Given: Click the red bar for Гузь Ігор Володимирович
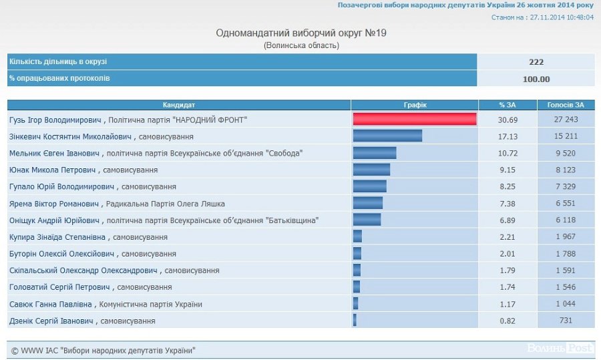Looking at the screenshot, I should click(414, 120).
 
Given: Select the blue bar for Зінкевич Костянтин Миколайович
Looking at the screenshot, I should click(387, 136).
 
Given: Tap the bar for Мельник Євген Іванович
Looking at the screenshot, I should click(375, 153).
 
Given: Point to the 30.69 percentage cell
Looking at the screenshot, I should click(508, 120).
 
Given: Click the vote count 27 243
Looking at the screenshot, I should click(566, 120).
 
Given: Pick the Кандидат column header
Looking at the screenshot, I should click(179, 105).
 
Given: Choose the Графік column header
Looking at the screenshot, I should click(415, 105).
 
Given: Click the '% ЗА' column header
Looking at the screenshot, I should click(508, 105).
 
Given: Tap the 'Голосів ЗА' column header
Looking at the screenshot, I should click(566, 105).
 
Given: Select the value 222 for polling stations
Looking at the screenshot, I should click(536, 62).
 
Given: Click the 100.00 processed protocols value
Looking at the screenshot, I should click(536, 79).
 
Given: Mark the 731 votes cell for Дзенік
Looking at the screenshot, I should click(566, 321).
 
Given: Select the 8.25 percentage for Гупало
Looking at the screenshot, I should click(508, 186).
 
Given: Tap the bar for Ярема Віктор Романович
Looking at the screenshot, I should click(368, 203).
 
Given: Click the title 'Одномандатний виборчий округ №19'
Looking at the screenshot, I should click(301, 33).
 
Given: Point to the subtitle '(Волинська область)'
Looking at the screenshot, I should click(301, 45).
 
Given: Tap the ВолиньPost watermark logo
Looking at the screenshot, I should click(560, 348).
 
